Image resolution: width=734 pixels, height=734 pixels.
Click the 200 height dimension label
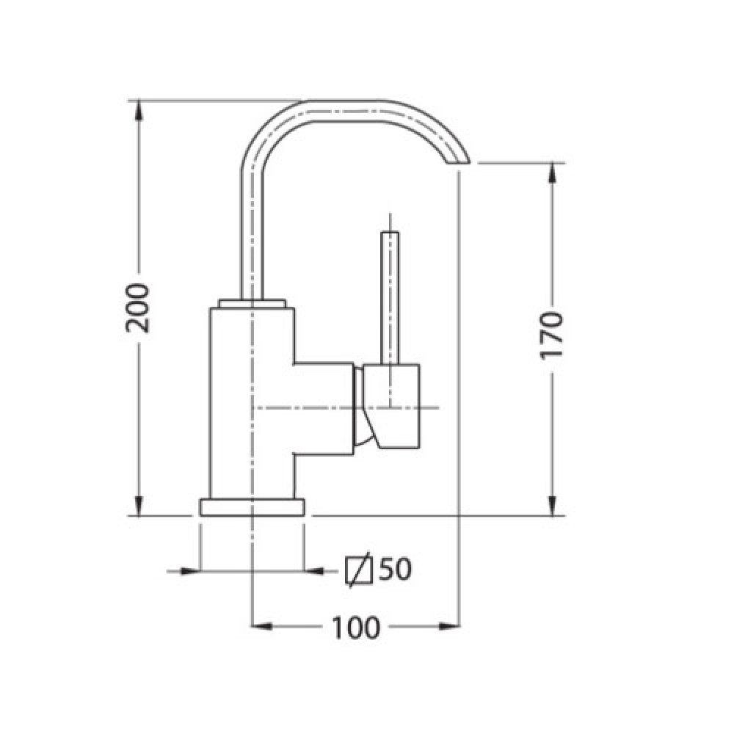tap(138, 308)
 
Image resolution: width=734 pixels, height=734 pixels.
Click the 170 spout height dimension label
tap(551, 335)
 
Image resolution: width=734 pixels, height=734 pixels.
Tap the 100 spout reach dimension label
tap(356, 628)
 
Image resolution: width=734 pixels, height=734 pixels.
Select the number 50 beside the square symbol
tap(395, 570)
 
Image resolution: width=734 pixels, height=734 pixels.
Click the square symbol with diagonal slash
tap(359, 570)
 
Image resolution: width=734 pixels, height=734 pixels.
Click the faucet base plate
tap(252, 507)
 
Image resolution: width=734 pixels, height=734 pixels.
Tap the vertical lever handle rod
tap(390, 298)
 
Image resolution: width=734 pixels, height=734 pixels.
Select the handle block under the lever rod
tap(391, 406)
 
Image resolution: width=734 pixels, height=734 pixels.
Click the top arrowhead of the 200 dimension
tap(139, 111)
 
